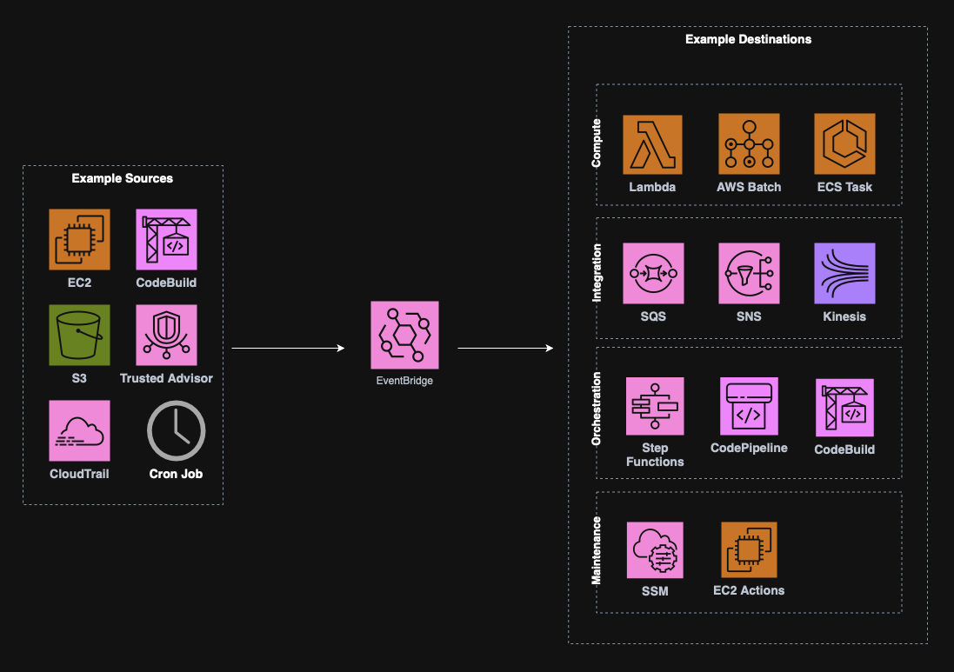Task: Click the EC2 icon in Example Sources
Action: tap(79, 239)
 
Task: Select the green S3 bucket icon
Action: tap(79, 335)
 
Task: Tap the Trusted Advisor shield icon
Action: tap(166, 335)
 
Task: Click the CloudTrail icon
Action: tap(79, 430)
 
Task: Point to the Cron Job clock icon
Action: tap(176, 430)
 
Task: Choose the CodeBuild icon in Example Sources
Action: tap(166, 239)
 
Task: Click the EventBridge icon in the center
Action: tap(404, 336)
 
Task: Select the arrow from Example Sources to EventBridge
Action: tap(288, 349)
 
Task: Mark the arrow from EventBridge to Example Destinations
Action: tap(505, 349)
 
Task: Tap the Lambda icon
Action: tap(652, 144)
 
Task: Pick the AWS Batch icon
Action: tap(749, 144)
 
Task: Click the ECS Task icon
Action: tap(844, 144)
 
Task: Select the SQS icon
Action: tap(653, 273)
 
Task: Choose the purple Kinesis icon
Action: tap(844, 273)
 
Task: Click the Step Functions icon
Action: tap(655, 406)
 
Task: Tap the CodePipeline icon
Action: tap(749, 406)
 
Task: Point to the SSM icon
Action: tap(655, 550)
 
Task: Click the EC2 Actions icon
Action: tap(749, 550)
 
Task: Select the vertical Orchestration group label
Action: tap(597, 409)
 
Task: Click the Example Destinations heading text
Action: tap(748, 39)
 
